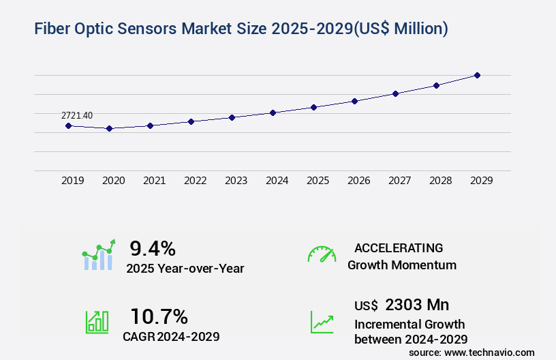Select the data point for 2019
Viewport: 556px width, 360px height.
68,125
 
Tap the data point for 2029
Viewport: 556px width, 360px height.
477,75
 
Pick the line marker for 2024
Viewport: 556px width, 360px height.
273,112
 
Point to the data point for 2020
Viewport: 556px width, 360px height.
109,128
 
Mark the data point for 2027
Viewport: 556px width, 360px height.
395,93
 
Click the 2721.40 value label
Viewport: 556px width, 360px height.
78,115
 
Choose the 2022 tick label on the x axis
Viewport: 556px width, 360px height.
196,181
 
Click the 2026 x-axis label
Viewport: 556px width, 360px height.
359,181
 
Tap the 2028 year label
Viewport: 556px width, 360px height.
441,181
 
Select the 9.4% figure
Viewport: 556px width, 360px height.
153,248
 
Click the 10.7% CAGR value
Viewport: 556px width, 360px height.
159,316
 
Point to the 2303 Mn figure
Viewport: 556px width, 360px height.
417,305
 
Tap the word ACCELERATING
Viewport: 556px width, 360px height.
399,247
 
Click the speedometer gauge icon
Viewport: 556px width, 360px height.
322,254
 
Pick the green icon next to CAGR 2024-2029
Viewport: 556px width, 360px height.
97,321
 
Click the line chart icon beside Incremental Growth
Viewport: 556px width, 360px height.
322,321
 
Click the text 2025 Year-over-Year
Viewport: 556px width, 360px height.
185,269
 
